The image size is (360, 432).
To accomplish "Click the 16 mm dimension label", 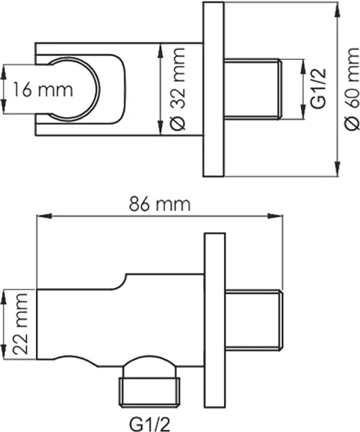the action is [x=43, y=89].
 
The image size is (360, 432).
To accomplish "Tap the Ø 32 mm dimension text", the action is [x=176, y=89].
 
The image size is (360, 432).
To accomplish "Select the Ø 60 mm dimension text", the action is [x=351, y=89].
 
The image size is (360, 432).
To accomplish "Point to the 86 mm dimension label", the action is [x=160, y=204].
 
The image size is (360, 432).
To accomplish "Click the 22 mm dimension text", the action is [x=20, y=324].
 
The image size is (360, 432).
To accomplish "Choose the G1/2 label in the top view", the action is [x=318, y=89].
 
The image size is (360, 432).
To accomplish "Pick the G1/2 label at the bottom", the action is [x=150, y=424].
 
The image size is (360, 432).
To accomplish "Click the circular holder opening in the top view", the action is [x=98, y=89].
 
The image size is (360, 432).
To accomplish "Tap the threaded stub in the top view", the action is [x=253, y=89].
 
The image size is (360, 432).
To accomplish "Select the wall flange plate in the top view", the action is [x=213, y=89].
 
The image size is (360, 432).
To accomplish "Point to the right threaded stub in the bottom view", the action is [x=254, y=320].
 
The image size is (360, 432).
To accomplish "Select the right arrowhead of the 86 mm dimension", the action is [x=276, y=216].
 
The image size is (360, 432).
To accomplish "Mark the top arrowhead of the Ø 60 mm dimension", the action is [x=337, y=10].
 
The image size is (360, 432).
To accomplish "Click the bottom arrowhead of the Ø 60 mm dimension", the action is [x=337, y=168].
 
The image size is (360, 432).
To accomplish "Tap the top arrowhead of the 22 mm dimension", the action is [x=4, y=297].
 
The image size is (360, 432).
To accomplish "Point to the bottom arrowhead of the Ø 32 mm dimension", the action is [x=160, y=127].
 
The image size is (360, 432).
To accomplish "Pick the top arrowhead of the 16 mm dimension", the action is [x=4, y=72].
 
